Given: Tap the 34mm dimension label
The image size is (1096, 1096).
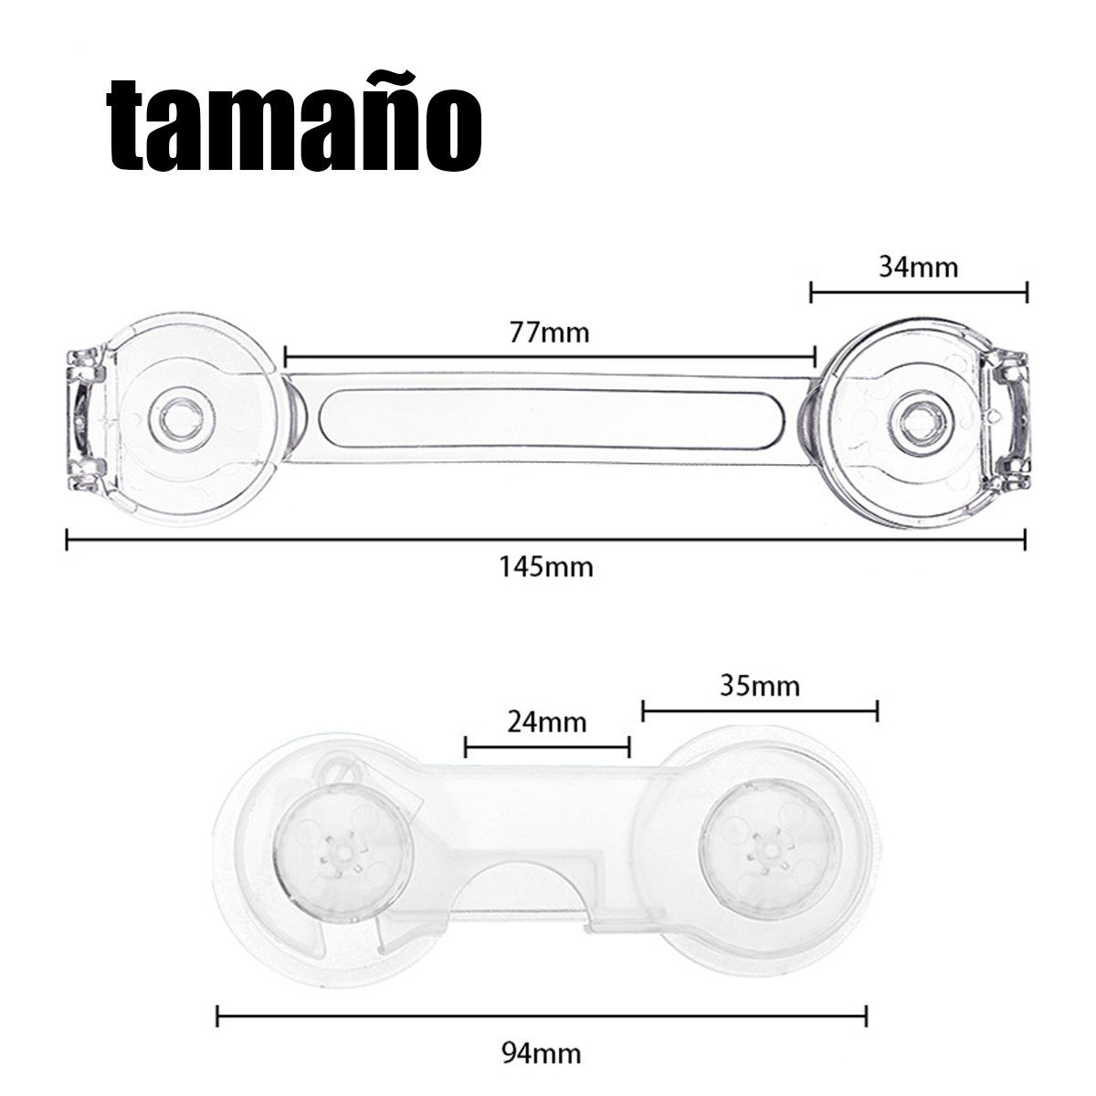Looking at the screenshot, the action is point(919,267).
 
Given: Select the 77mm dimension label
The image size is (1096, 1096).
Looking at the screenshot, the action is point(550,332).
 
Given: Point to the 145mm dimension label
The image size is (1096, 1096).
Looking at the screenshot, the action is point(546,567).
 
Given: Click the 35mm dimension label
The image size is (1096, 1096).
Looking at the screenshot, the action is point(760,686).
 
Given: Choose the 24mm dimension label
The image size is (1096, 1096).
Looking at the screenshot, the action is point(546,722).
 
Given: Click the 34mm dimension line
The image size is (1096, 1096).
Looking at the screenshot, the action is point(919,292).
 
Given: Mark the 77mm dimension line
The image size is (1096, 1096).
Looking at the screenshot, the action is point(550,357).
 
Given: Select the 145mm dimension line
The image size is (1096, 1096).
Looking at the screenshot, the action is point(546,539).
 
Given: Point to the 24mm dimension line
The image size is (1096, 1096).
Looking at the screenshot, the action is point(547,747).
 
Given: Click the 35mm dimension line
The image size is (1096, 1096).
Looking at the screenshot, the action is point(760,711).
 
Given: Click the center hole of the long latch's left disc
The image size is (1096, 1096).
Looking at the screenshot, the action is point(182,420).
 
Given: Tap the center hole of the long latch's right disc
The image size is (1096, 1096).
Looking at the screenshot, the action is point(922,425).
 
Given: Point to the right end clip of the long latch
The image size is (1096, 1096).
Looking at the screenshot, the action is point(1006,421).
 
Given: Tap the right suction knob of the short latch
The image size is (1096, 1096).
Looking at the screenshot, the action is point(770,852).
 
